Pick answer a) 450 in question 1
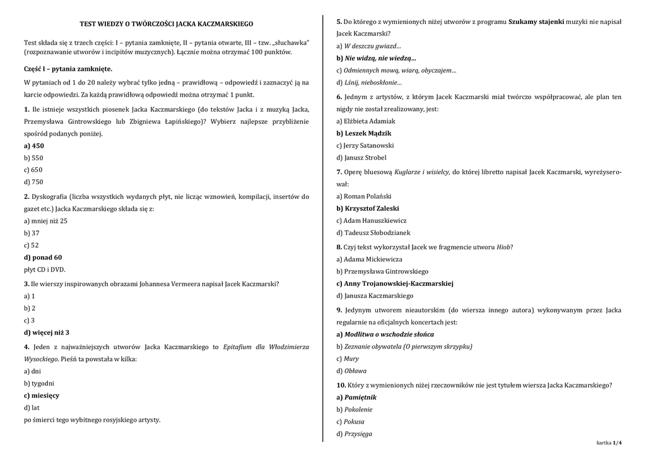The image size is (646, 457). [34, 145]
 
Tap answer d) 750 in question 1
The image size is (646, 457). [34, 182]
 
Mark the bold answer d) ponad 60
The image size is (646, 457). [43, 257]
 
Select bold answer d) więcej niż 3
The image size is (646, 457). [47, 332]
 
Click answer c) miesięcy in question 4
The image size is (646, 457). [42, 395]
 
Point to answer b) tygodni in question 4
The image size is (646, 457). [39, 383]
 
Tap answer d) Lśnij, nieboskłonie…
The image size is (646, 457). [369, 83]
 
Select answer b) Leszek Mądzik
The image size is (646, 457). [364, 133]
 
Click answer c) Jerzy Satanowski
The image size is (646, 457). [365, 145]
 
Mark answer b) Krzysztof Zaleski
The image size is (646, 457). [368, 208]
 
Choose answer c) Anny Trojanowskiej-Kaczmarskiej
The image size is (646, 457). [395, 283]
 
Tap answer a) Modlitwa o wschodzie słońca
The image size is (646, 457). [385, 334]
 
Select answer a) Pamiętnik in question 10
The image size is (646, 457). [356, 396]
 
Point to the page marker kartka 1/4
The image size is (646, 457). [609, 443]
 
